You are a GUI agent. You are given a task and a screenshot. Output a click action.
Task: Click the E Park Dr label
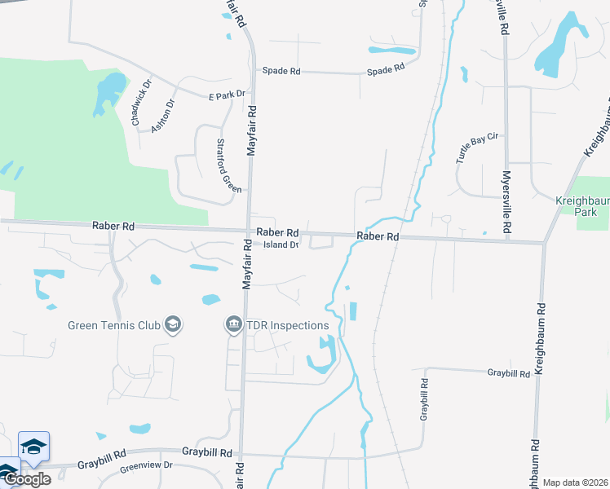(x=227, y=95)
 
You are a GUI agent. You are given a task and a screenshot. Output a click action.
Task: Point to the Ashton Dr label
(x=164, y=115)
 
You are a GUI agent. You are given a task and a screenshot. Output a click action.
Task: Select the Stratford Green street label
(x=228, y=165)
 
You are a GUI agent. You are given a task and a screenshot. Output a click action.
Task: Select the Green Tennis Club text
(x=114, y=326)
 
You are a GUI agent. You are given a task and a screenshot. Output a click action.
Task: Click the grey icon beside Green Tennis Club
(x=172, y=325)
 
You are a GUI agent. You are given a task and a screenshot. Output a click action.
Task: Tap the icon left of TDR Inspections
(x=234, y=325)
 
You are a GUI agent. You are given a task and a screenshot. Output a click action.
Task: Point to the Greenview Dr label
(x=147, y=465)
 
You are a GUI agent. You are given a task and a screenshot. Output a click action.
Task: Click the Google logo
(x=27, y=479)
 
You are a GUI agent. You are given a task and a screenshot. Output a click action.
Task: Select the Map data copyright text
(x=576, y=482)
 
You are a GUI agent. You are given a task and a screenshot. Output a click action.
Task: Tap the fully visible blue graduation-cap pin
(x=34, y=447)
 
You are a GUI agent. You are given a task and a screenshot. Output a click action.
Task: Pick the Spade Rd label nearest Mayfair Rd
(x=281, y=71)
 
